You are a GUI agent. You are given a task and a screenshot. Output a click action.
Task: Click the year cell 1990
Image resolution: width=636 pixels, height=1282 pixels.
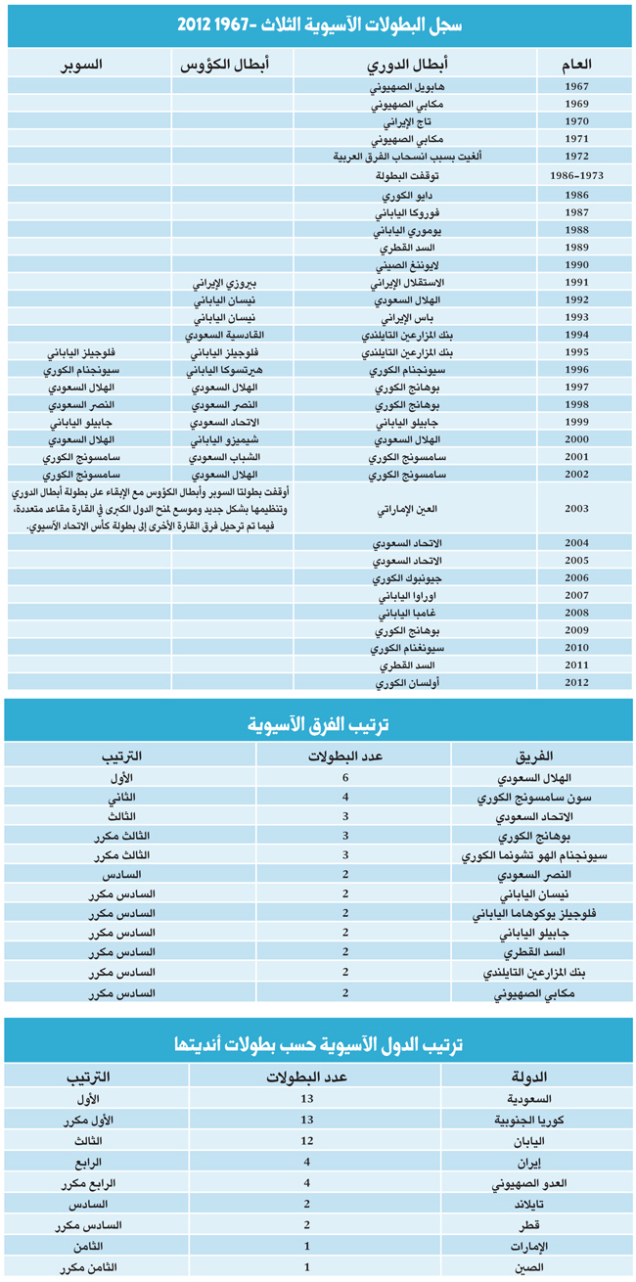click(576, 266)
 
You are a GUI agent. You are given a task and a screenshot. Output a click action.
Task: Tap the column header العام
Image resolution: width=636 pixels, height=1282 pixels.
click(576, 64)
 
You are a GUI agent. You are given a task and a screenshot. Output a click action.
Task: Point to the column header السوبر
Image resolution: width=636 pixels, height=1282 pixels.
click(82, 64)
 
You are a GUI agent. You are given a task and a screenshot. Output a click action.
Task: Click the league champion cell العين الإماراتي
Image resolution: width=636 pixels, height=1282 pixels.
click(399, 510)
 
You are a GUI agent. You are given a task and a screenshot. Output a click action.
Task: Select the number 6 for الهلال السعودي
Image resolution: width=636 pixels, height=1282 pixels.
click(345, 778)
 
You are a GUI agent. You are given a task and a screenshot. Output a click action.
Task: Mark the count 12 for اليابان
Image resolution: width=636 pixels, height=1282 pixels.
click(307, 1141)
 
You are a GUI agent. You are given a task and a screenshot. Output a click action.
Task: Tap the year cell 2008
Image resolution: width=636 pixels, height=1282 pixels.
click(576, 614)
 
